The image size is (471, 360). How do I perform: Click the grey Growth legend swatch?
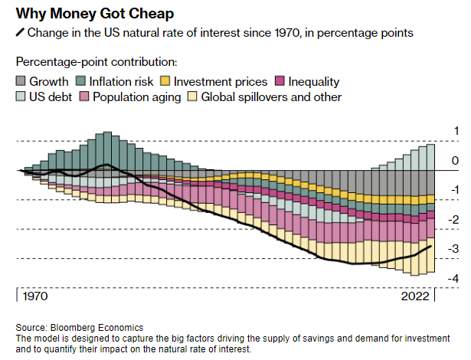[x=21, y=81]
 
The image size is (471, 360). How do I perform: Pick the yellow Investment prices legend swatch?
[x=163, y=81]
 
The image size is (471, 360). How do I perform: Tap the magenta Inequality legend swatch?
[x=280, y=81]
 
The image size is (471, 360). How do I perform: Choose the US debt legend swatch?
[x=21, y=97]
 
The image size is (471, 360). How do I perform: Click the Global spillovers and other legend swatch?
[x=193, y=97]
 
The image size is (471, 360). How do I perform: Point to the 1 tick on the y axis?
[x=456, y=131]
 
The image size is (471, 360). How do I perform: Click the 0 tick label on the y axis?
[x=456, y=161]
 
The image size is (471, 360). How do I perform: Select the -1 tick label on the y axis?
[x=453, y=190]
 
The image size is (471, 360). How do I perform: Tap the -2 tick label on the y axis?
[x=453, y=220]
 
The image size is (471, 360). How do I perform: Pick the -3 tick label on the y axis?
[x=453, y=249]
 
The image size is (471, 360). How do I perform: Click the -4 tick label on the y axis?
[x=453, y=278]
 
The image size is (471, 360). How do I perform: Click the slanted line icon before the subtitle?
[x=20, y=34]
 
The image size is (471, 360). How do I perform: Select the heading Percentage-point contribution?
[x=96, y=61]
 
